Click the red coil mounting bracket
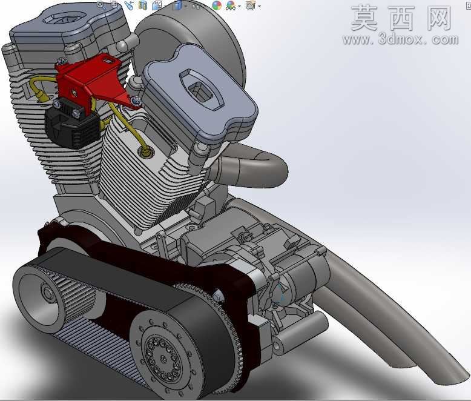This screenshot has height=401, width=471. click(x=90, y=80)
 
